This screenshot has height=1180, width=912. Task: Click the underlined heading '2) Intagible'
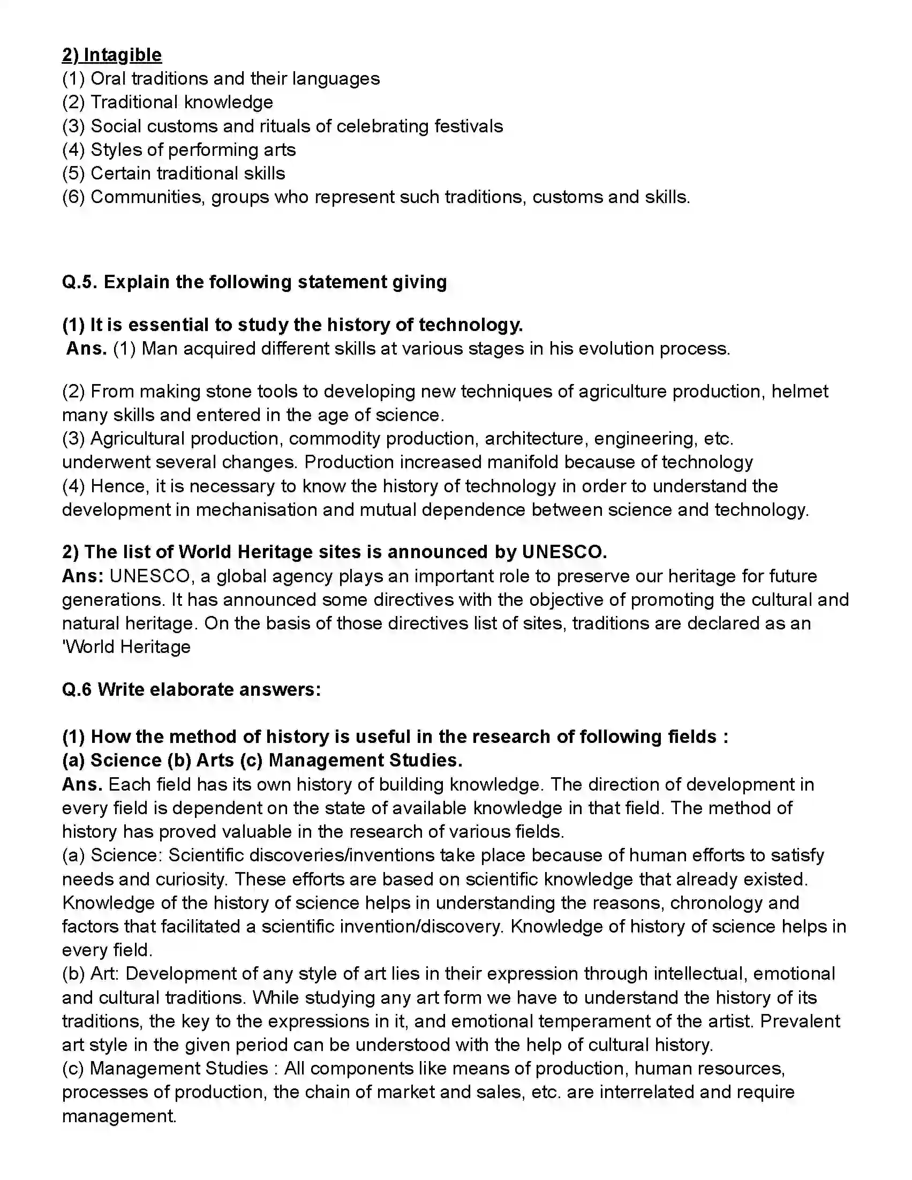tap(112, 55)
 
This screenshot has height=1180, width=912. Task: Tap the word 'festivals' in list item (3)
tap(469, 126)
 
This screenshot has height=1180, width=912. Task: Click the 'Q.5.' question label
tap(79, 282)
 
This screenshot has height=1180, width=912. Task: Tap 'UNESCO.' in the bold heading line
tap(564, 552)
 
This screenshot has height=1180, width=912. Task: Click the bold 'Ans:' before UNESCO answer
tap(82, 576)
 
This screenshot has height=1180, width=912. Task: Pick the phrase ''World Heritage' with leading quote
tap(126, 647)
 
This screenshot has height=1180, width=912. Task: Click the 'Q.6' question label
tap(77, 690)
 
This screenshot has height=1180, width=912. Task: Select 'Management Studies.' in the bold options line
tap(365, 761)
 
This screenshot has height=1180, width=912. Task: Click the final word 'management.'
tap(119, 1116)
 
